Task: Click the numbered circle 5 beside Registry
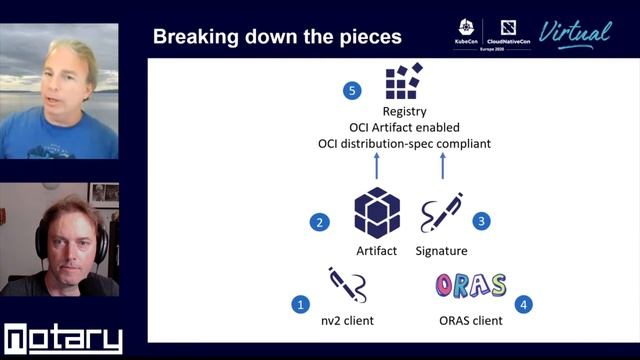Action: point(351,91)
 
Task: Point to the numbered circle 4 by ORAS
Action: point(523,303)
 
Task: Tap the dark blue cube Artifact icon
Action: point(377,212)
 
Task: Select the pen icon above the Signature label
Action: point(440,213)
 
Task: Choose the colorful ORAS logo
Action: point(470,286)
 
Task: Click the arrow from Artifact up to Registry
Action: point(377,164)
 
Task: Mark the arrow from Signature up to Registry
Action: point(442,164)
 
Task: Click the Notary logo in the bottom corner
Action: point(62,339)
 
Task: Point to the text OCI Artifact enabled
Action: point(403,128)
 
